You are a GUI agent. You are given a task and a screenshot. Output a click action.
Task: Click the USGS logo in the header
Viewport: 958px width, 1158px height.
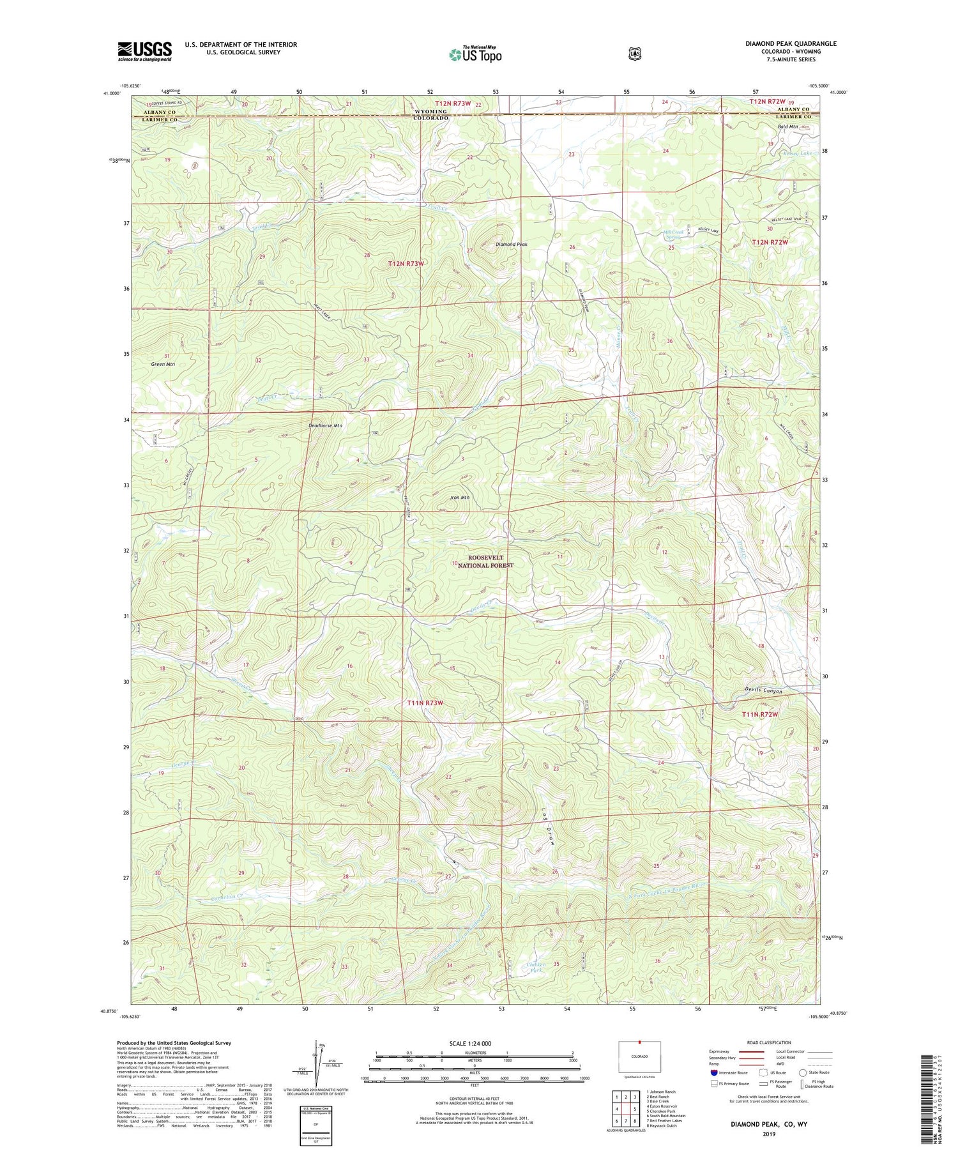[x=144, y=51]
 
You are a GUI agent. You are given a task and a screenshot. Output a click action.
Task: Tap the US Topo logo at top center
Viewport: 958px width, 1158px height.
[x=475, y=54]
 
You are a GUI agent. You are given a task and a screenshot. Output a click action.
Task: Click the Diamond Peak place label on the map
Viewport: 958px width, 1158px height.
[x=512, y=245]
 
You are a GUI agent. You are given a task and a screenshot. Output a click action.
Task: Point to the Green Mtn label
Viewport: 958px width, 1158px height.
[x=163, y=364]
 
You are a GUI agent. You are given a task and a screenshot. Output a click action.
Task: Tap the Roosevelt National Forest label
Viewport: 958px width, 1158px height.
[x=485, y=561]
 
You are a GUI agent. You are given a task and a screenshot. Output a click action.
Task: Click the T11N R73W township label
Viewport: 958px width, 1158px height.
[x=425, y=703]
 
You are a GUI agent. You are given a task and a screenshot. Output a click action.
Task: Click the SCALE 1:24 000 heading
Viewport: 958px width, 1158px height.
[x=471, y=1043]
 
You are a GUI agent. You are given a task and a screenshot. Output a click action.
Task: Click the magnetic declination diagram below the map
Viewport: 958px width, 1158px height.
[x=317, y=1063]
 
